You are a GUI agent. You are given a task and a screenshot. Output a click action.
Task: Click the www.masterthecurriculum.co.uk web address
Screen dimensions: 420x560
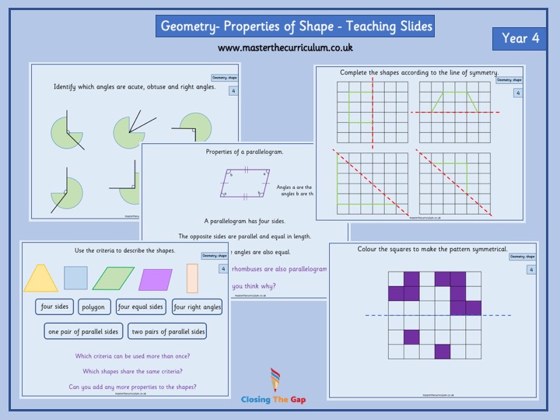click(285, 47)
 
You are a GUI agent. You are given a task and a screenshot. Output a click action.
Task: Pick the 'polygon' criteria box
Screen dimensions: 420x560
click(93, 306)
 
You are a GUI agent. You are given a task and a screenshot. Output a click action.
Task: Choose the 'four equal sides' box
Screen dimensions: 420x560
click(141, 306)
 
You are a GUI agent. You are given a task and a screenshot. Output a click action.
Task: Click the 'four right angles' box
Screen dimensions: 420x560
click(198, 306)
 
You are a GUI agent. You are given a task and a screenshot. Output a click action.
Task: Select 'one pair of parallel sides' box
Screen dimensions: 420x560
click(82, 331)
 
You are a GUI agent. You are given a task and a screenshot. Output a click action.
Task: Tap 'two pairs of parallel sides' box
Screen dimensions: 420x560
click(168, 331)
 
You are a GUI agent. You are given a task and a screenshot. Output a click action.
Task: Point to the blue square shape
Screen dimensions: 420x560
click(75, 278)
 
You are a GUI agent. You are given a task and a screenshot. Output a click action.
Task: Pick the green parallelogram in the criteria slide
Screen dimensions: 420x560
click(114, 278)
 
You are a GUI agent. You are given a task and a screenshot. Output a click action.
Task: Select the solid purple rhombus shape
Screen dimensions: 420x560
click(156, 278)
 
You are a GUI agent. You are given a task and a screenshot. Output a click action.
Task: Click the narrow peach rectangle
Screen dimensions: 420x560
click(192, 278)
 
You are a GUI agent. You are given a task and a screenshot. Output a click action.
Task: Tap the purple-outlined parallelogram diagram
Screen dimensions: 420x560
click(243, 184)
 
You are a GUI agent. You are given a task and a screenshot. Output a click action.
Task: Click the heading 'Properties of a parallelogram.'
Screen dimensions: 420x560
click(244, 152)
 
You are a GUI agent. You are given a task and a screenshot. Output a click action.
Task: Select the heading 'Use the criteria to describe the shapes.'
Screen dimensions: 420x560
click(114, 250)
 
